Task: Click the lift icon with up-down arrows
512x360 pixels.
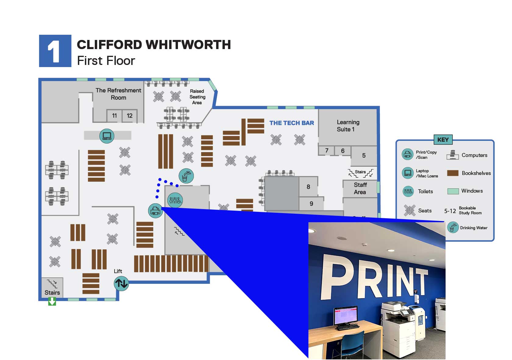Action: point(121,283)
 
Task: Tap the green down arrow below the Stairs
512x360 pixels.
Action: point(52,301)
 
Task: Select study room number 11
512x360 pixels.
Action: point(114,116)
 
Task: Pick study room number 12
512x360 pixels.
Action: point(130,116)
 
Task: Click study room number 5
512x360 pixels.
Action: point(364,155)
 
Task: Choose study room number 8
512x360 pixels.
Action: point(308,187)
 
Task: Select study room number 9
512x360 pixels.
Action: point(311,204)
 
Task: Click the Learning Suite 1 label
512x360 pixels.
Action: point(348,126)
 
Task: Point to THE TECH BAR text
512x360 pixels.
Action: point(291,123)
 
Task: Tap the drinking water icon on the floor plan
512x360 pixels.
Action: point(186,176)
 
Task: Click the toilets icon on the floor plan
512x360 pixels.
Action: point(175,200)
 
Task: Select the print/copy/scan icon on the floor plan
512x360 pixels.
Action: point(155,210)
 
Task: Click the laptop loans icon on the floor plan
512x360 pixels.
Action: point(107,136)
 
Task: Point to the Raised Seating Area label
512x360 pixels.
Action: point(197,97)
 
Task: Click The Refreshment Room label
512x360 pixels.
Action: point(118,94)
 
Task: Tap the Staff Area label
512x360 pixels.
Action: point(360,188)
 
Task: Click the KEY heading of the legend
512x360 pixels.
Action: point(443,140)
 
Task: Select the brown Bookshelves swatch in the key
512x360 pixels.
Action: point(453,173)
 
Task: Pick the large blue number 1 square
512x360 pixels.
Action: point(55,51)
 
